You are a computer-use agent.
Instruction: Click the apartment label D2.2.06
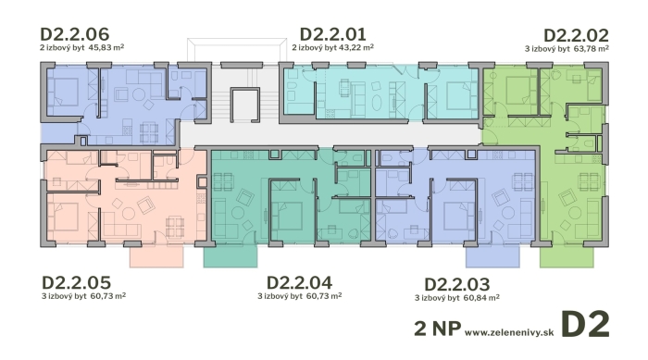pos(75,34)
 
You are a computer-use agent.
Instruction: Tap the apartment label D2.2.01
pos(332,34)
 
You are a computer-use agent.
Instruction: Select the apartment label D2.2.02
pos(576,35)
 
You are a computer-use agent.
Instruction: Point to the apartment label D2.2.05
pos(77,282)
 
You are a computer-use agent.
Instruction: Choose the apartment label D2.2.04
pos(299,282)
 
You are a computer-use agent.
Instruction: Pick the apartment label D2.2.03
pos(457,284)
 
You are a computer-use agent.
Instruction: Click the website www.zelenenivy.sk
pos(509,332)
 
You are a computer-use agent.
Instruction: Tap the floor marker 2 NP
pos(437,329)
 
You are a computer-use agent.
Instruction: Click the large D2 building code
pos(585,324)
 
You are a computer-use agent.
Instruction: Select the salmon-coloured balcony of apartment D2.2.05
pos(156,257)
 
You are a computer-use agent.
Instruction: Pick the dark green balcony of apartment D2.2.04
pos(231,257)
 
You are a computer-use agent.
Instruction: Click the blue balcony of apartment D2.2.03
pos(492,257)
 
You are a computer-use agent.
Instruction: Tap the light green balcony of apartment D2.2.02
pos(567,257)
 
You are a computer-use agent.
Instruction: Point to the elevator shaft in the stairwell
pos(245,105)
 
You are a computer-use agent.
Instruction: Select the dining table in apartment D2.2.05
pos(175,227)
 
